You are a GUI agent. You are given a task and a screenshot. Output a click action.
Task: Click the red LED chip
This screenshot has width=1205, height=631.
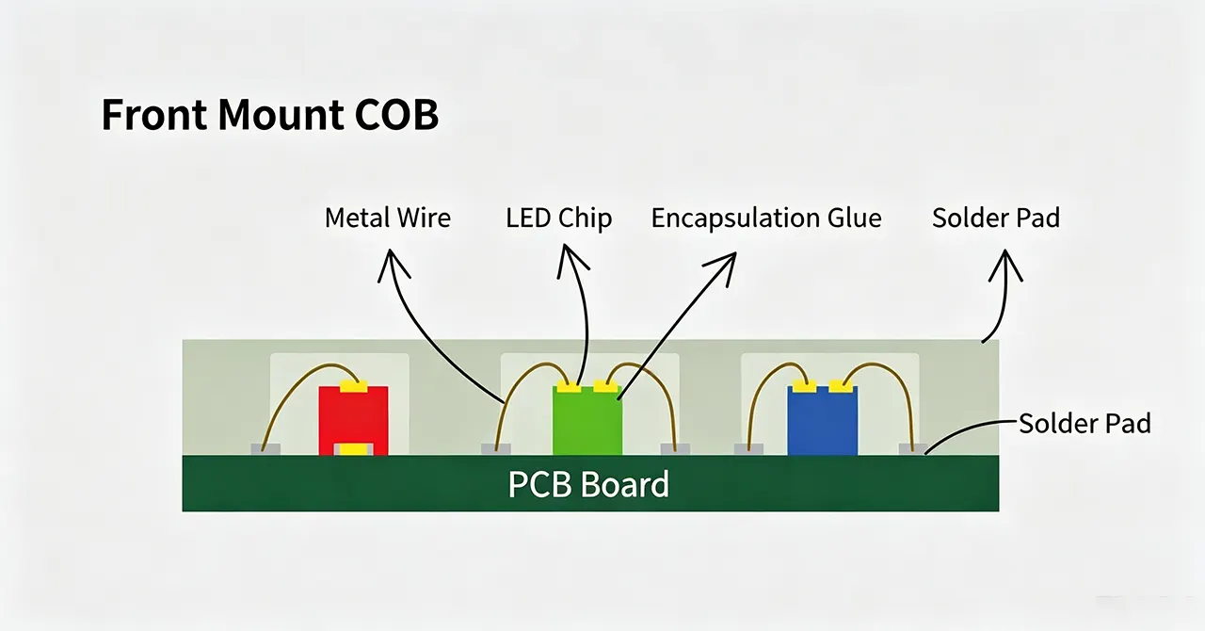[353, 420]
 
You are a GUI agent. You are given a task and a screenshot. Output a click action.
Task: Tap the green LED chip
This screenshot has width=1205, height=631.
[587, 420]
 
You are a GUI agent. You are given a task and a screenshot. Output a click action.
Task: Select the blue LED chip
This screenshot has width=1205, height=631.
[823, 420]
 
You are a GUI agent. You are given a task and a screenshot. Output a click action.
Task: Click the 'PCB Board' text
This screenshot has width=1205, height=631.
[588, 484]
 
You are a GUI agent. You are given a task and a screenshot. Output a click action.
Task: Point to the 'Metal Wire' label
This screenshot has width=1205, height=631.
[388, 218]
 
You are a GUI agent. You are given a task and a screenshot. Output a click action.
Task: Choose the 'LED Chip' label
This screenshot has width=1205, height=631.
[559, 218]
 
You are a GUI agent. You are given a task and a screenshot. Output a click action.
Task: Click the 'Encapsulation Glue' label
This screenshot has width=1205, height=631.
[766, 218]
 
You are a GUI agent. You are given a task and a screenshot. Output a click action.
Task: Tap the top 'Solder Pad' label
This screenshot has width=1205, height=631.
[996, 218]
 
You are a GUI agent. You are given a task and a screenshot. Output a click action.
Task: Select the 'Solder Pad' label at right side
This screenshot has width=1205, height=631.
[1084, 423]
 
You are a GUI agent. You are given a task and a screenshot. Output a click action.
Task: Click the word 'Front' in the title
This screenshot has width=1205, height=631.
[154, 114]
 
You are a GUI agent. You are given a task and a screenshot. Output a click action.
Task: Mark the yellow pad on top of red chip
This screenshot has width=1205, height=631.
[353, 386]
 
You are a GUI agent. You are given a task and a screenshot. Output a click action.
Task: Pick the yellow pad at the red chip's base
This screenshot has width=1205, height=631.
[353, 449]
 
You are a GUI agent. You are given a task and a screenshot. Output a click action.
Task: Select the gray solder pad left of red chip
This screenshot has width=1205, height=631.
[265, 449]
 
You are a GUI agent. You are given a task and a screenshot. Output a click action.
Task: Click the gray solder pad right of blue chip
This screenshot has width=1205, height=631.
[913, 449]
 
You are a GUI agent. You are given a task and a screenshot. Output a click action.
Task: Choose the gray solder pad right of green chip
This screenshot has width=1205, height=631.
[675, 449]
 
